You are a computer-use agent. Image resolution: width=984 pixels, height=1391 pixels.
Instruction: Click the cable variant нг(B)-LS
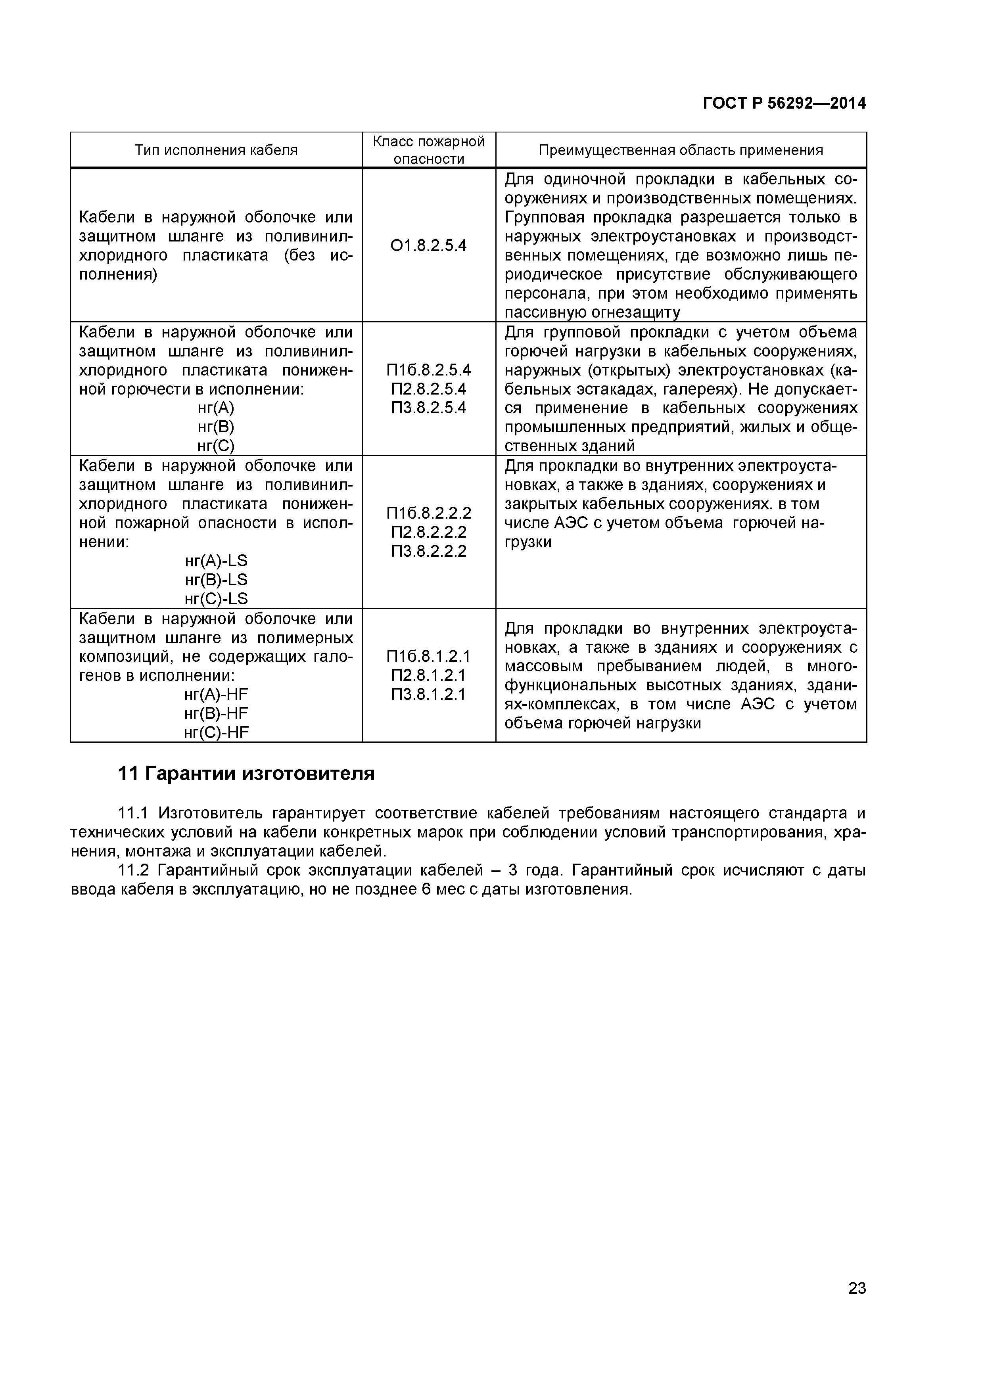(216, 579)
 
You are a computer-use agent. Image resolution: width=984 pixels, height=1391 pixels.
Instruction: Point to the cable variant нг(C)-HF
(216, 732)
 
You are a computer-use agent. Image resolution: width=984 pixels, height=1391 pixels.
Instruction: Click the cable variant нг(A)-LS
(216, 560)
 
